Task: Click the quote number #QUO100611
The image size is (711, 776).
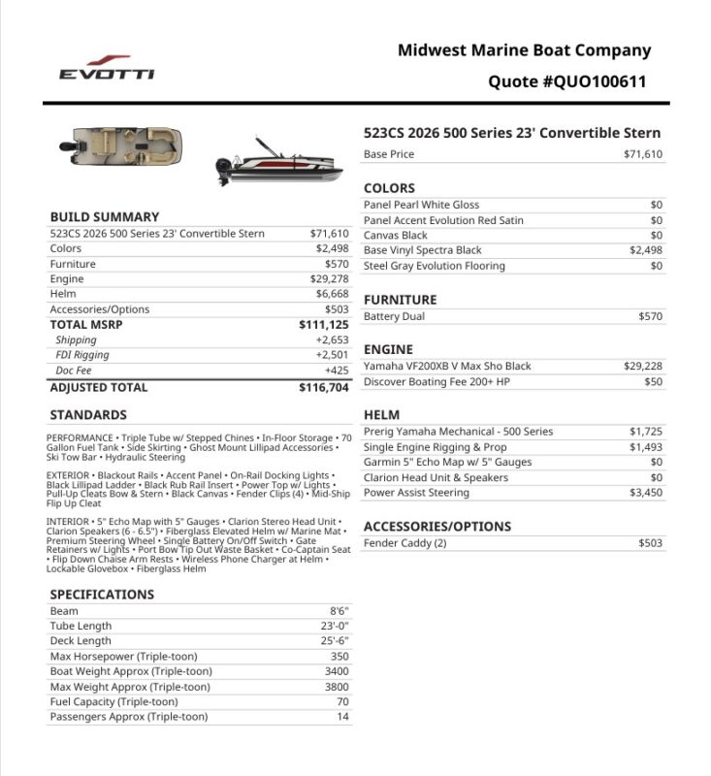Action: coord(567,81)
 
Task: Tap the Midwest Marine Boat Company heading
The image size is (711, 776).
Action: coord(524,50)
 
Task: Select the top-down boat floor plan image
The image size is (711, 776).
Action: coord(123,149)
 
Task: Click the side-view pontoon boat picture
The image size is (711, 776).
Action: coord(275,160)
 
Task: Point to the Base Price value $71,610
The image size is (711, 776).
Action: coord(643,154)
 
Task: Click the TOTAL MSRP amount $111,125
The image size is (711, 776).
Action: coord(324,325)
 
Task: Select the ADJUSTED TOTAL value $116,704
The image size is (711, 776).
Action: coord(324,387)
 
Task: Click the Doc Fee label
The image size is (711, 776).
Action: coord(74,371)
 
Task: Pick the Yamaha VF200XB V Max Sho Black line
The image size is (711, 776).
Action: coord(447,367)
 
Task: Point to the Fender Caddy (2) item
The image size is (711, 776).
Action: coord(404,543)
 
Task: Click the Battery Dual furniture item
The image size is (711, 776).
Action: coord(394,316)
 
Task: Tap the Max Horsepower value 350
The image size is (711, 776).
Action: coord(339,657)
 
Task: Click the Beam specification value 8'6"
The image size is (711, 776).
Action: coord(339,611)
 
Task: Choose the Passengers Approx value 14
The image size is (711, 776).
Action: coord(342,717)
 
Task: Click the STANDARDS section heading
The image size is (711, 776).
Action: coord(88,415)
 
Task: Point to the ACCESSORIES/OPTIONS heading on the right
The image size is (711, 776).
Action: coord(436,527)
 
